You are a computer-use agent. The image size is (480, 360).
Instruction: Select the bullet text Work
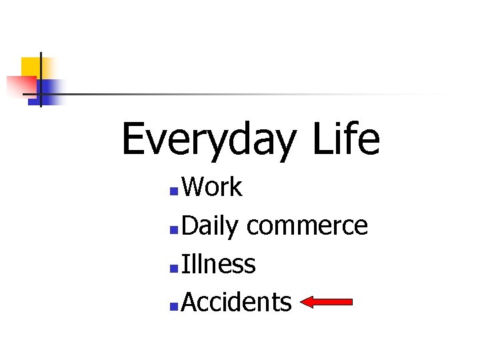tap(211, 188)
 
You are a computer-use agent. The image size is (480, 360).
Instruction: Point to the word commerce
tap(307, 227)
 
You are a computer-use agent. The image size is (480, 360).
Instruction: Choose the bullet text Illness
tap(218, 265)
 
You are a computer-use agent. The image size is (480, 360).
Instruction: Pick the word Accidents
tap(236, 303)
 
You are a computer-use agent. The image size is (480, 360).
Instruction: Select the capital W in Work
tap(194, 188)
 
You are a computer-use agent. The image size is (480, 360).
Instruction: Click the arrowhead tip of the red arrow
tap(302, 303)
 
